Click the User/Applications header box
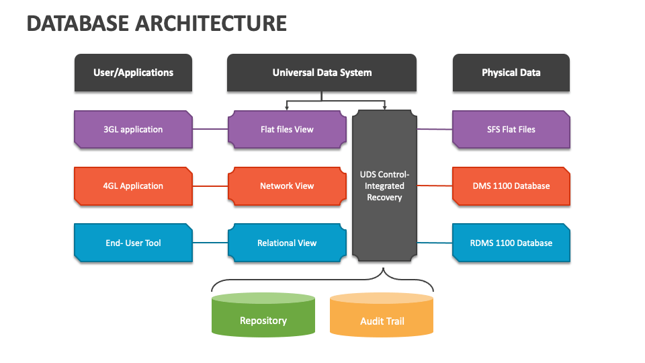pyautogui.click(x=133, y=73)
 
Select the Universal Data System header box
pyautogui.click(x=322, y=73)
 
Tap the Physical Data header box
pyautogui.click(x=511, y=73)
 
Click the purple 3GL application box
pyautogui.click(x=133, y=129)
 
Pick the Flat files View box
pyautogui.click(x=287, y=129)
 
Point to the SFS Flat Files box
pyautogui.click(x=511, y=129)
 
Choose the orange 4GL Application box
pyautogui.click(x=133, y=186)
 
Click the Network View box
pyautogui.click(x=287, y=186)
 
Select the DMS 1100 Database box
pyautogui.click(x=511, y=186)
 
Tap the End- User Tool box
pyautogui.click(x=133, y=243)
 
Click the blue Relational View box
pyautogui.click(x=287, y=243)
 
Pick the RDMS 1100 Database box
pyautogui.click(x=511, y=243)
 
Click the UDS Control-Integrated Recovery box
pyautogui.click(x=384, y=186)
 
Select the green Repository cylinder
pyautogui.click(x=263, y=315)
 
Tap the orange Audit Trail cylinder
pyautogui.click(x=382, y=315)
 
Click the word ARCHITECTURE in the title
pyautogui.click(x=210, y=24)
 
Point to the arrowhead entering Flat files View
pyautogui.click(x=287, y=108)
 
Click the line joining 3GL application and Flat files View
pyautogui.click(x=210, y=129)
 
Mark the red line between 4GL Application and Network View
pyautogui.click(x=210, y=186)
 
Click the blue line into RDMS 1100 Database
pyautogui.click(x=435, y=243)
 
